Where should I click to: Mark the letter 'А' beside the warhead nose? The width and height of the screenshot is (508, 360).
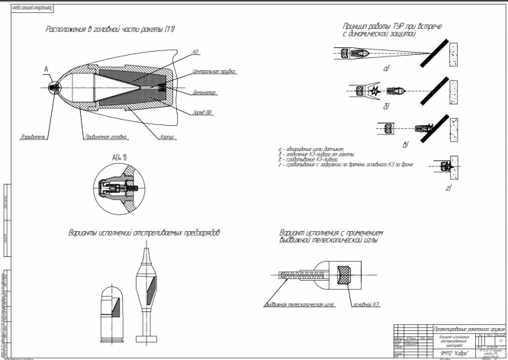[x=47, y=69]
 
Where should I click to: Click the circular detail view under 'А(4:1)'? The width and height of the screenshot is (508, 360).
[x=117, y=187]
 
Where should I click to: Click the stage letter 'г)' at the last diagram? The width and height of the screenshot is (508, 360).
[x=448, y=185]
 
